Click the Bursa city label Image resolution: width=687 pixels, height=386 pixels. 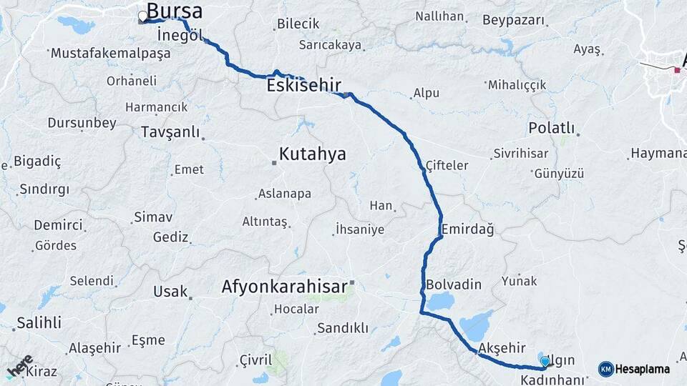coord(174,11)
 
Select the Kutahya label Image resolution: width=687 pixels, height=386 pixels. coord(312,154)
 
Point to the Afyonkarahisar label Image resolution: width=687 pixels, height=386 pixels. coord(284,286)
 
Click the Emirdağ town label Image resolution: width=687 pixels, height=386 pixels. coord(468,229)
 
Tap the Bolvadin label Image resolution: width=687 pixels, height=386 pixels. coord(454,284)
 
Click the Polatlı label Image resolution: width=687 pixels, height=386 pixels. coord(552,128)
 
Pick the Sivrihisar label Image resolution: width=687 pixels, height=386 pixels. coord(520,154)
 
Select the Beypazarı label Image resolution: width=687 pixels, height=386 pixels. coord(513,20)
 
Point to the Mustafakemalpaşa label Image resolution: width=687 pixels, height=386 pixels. coord(111,53)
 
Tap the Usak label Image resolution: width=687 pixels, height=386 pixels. coord(170,292)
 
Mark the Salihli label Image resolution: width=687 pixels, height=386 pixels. coord(39,322)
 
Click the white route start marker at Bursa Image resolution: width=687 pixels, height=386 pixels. coord(143,15)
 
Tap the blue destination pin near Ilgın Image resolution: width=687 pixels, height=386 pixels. coord(545,362)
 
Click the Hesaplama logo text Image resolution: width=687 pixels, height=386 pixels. coord(642,369)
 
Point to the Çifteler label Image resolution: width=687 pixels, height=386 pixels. coord(447,165)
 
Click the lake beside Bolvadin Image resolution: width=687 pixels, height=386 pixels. coord(439,301)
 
